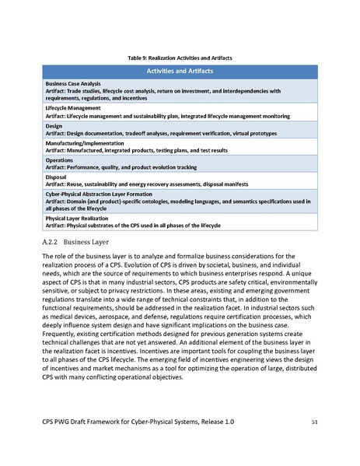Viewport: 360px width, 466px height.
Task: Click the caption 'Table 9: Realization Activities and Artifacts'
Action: pyautogui.click(x=180, y=58)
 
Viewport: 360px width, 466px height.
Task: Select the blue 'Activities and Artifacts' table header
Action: pyautogui.click(x=180, y=71)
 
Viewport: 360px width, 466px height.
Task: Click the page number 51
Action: pyautogui.click(x=314, y=421)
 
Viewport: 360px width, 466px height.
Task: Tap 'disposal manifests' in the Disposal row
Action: pyautogui.click(x=244, y=184)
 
